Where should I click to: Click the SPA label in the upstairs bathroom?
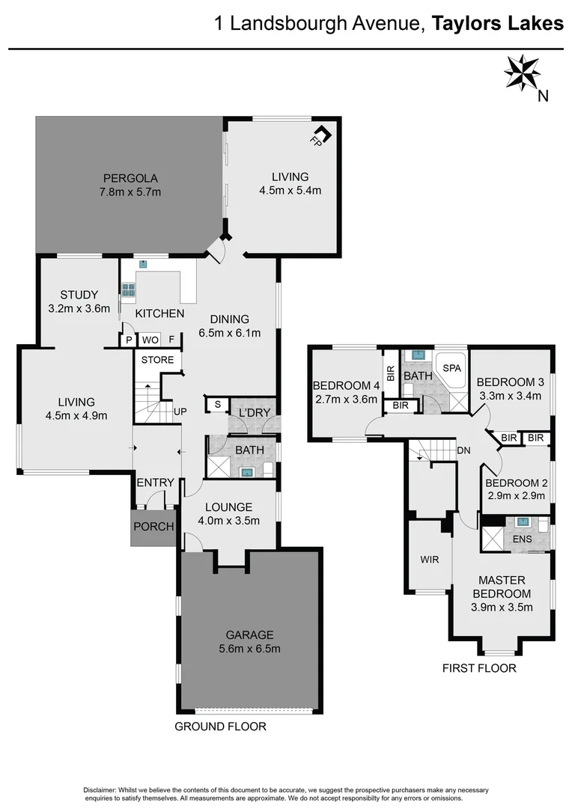click(x=451, y=369)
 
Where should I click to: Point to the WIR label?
click(x=430, y=559)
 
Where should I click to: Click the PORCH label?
click(x=153, y=527)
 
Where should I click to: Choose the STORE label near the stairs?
click(x=157, y=360)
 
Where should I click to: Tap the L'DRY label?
click(x=254, y=414)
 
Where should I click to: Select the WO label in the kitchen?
click(x=150, y=340)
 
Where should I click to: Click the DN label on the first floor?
click(x=463, y=450)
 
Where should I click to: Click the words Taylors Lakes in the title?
click(x=497, y=24)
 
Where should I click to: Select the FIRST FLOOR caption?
click(x=479, y=668)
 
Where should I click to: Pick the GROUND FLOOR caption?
click(x=220, y=726)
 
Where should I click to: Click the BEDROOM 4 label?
click(x=345, y=386)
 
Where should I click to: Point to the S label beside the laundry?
click(x=217, y=405)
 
